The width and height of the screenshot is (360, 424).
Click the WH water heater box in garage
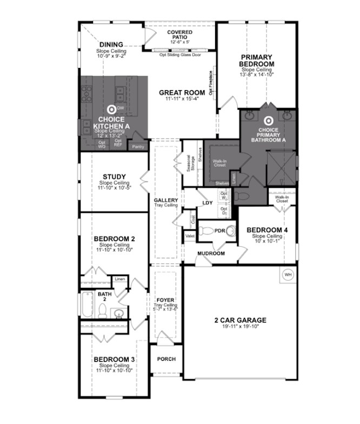coord(288,275)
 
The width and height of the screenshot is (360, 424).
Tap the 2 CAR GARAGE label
coord(240,320)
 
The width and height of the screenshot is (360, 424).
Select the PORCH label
coord(166,359)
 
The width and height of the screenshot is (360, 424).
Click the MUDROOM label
coord(210,253)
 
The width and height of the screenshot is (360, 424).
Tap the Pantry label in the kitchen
coord(139,146)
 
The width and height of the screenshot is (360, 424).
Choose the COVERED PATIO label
coord(179,36)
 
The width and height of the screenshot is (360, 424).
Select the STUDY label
coord(114,177)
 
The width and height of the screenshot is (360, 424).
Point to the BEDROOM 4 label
coord(267,230)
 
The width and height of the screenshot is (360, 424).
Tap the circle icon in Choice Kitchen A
coord(112,109)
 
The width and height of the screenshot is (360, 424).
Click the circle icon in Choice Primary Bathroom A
coord(268,122)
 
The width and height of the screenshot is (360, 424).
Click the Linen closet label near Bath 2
coord(119,279)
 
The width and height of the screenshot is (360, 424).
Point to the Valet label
coord(190,236)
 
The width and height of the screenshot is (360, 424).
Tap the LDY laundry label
coord(207,203)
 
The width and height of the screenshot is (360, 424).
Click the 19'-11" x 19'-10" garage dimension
coord(240,327)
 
